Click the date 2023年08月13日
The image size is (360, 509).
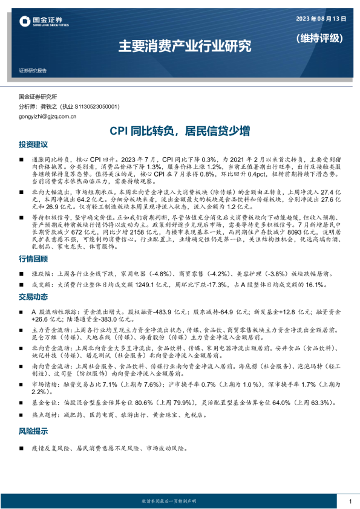321,19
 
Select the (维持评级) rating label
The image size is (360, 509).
319,37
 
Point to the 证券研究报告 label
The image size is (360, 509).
33,70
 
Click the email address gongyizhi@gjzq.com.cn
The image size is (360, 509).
48,116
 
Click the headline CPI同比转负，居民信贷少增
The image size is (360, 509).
180,131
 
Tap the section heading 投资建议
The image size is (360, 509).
33,145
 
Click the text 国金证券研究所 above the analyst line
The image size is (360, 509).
38,97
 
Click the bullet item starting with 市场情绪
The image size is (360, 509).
182,388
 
